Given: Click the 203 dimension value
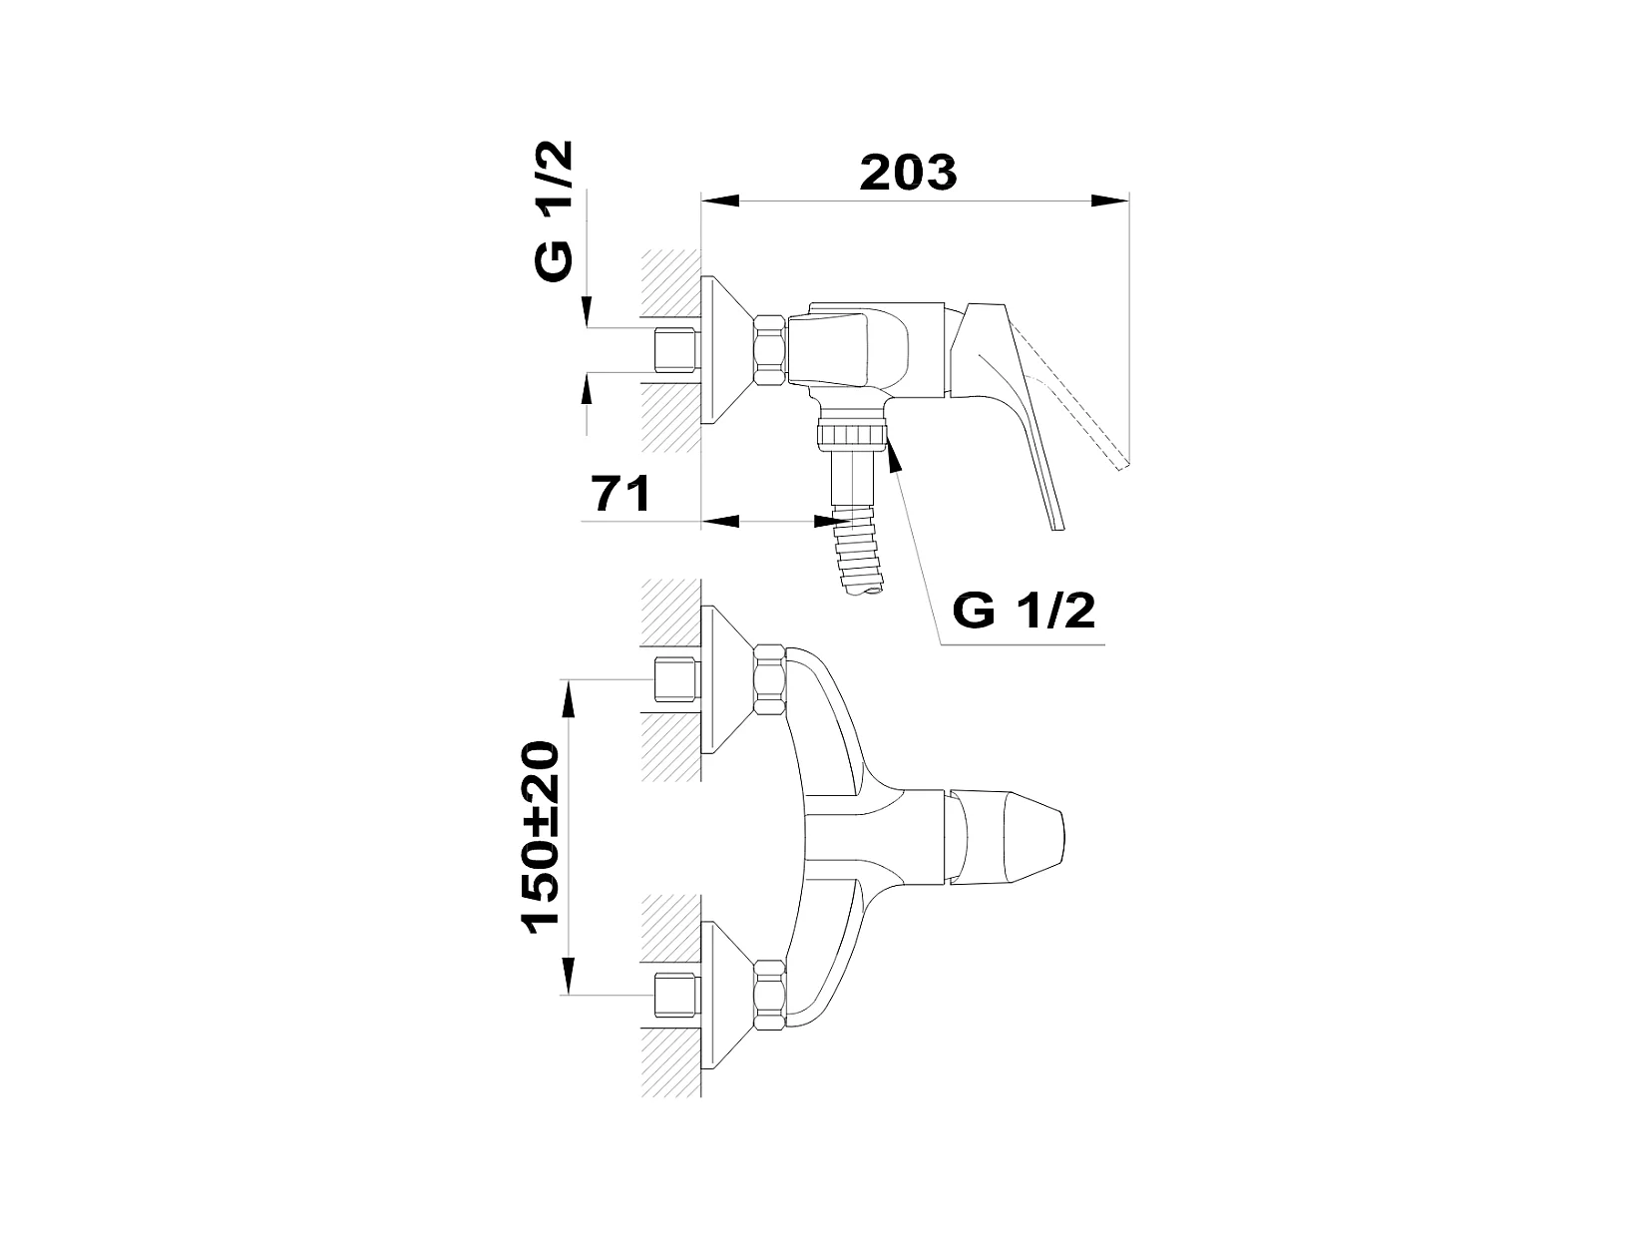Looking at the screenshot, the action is coord(908,173).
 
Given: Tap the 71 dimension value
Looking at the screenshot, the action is coord(621,494).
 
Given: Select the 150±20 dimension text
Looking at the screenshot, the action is coord(541,837).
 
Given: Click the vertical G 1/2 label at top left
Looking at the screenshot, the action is coord(554,211).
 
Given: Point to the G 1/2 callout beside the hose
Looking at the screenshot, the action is coord(1024,611).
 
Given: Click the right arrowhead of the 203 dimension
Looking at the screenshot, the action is coord(1110,201).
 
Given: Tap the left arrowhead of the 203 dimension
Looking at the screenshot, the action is coord(720,201).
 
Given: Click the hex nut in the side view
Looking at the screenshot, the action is coord(771,350).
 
